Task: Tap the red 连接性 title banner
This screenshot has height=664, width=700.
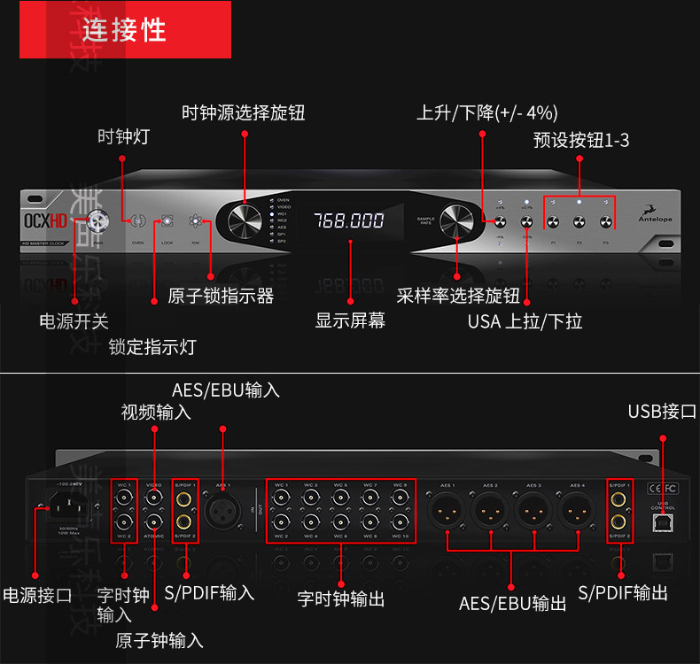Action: click(125, 30)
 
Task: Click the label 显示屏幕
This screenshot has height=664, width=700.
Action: click(350, 320)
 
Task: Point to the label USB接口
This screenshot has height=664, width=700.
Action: click(661, 411)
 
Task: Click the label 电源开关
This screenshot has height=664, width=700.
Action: click(74, 321)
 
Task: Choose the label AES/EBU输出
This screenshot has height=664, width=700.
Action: click(512, 604)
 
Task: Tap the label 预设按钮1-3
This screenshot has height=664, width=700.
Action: click(581, 140)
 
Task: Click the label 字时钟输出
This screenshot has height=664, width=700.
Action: click(341, 599)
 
